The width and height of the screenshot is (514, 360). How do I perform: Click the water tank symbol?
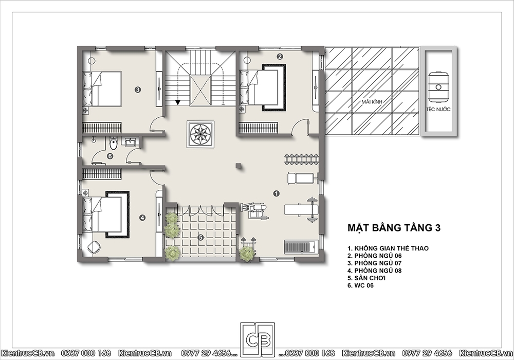(438, 87)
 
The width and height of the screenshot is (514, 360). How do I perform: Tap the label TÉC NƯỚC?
(438, 109)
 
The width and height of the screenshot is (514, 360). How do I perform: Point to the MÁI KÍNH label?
(372, 102)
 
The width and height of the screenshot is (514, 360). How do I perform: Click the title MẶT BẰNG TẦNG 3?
(394, 228)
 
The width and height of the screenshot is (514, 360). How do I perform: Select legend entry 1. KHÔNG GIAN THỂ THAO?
(388, 248)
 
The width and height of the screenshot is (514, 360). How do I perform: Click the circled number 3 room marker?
(138, 89)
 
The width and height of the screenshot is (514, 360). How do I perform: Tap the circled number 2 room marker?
(280, 57)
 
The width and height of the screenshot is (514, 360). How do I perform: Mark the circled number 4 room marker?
(142, 218)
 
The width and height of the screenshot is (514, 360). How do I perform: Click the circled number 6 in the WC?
(110, 156)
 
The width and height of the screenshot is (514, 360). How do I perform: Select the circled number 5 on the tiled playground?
(201, 237)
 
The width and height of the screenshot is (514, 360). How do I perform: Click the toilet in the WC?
(114, 143)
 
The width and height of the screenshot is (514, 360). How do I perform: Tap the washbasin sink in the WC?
(131, 141)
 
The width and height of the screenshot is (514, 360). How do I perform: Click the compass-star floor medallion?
(200, 134)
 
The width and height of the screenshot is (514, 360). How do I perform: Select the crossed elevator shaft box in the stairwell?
(200, 90)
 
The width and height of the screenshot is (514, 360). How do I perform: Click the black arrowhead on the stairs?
(178, 102)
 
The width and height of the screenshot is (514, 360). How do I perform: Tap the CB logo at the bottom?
(258, 340)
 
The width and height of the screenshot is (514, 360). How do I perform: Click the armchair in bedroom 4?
(94, 247)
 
